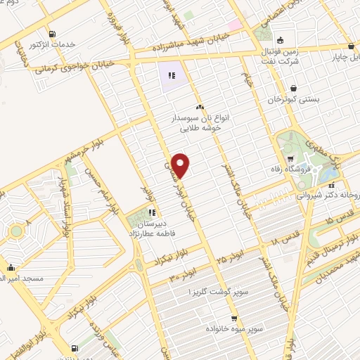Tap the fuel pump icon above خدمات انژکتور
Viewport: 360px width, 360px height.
tap(53, 34)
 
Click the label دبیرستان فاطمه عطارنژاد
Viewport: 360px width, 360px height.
tap(151, 227)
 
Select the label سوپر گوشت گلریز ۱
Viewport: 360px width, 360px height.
tap(210, 291)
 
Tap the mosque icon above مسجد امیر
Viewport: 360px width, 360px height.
tap(11, 267)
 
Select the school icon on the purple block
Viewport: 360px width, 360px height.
tap(171, 75)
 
